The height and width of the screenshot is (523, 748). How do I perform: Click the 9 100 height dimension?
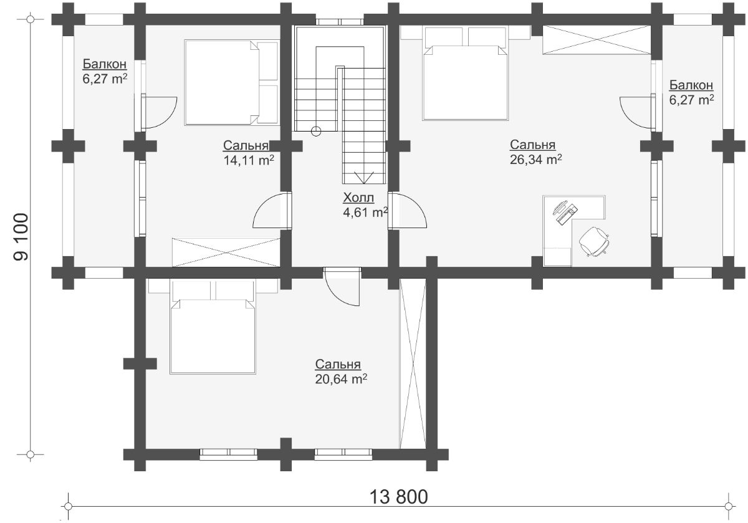click(21, 237)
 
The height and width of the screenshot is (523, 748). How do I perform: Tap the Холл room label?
click(358, 198)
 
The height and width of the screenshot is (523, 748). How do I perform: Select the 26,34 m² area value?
click(535, 160)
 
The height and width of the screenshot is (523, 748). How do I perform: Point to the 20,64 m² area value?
click(341, 379)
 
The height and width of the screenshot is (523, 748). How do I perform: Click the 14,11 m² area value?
click(249, 160)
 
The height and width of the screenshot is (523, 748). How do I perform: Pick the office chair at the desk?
click(594, 241)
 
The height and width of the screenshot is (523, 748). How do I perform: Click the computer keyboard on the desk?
click(567, 214)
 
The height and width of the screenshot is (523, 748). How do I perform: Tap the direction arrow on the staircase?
click(363, 178)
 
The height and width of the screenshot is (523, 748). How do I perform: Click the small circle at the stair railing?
click(315, 132)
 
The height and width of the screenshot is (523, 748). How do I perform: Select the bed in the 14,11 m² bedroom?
click(231, 83)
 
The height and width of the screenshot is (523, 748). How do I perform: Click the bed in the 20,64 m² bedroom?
click(213, 327)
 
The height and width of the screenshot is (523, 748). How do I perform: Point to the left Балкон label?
click(105, 64)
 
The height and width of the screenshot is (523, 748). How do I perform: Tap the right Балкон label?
click(691, 85)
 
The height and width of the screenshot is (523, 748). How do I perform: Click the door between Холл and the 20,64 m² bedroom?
click(342, 287)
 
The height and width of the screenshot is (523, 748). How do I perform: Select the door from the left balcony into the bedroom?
click(159, 113)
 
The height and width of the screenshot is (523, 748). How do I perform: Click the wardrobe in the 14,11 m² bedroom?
click(226, 252)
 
